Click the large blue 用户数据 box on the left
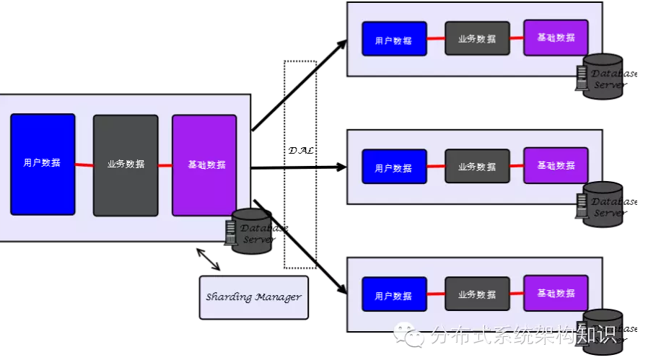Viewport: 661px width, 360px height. click(x=43, y=164)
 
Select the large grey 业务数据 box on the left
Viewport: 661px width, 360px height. click(x=126, y=165)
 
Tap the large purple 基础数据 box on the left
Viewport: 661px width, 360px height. click(x=204, y=165)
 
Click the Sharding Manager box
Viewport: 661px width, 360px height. click(x=253, y=297)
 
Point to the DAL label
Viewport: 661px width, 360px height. click(x=301, y=151)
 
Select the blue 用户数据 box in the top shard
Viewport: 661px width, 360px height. click(x=394, y=39)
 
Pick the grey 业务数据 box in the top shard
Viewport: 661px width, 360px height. click(x=477, y=38)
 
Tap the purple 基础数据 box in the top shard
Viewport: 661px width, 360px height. click(x=556, y=38)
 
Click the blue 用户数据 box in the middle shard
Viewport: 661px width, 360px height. click(x=394, y=167)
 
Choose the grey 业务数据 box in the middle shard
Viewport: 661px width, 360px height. click(x=477, y=166)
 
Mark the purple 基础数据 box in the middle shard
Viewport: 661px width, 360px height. click(x=556, y=165)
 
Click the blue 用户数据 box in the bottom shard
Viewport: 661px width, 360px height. click(x=394, y=294)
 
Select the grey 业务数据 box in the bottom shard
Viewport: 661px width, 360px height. click(x=477, y=294)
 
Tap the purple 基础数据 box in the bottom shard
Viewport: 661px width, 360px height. click(x=556, y=293)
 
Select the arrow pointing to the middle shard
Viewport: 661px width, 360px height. click(x=299, y=167)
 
